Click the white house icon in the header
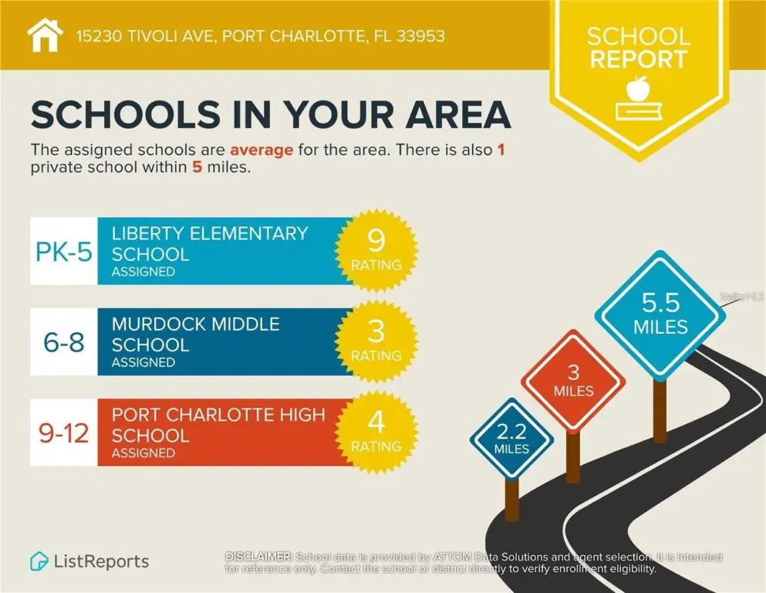coord(46,35)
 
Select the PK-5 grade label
coord(64,252)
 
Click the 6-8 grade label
coord(64,343)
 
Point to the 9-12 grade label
coord(64,433)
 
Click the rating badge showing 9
coord(376,249)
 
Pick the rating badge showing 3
coord(376,341)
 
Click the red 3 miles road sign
coord(572,380)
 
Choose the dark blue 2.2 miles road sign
coord(512,439)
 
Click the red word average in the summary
coord(261,150)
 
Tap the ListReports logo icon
coord(39,561)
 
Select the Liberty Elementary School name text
coord(210,243)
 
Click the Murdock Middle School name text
coord(196,334)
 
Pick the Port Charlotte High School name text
coord(218,425)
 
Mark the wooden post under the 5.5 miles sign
coord(659,409)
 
